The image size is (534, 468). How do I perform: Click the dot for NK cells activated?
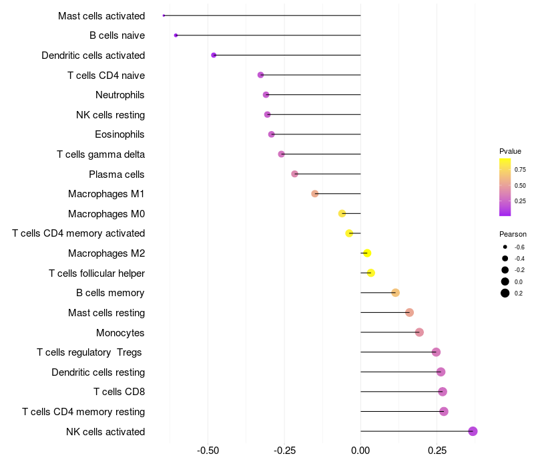473,431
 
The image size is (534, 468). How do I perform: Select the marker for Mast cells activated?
164,15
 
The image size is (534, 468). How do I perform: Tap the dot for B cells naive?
176,35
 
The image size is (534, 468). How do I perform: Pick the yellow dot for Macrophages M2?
366,253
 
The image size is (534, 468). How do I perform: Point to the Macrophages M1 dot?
315,194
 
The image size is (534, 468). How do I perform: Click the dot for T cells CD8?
443,392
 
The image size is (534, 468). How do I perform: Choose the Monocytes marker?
419,332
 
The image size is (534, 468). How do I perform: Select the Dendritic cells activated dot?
214,55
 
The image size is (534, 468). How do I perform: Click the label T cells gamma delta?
101,154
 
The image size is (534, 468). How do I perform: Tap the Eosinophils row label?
119,134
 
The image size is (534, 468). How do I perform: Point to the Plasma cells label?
117,174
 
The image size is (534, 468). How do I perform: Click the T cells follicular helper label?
97,273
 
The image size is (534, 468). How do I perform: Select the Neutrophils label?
120,95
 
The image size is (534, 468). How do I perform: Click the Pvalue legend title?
510,151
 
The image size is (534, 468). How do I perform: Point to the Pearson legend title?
513,235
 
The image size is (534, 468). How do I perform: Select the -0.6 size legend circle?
505,247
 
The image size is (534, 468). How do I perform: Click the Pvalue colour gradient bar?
505,187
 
